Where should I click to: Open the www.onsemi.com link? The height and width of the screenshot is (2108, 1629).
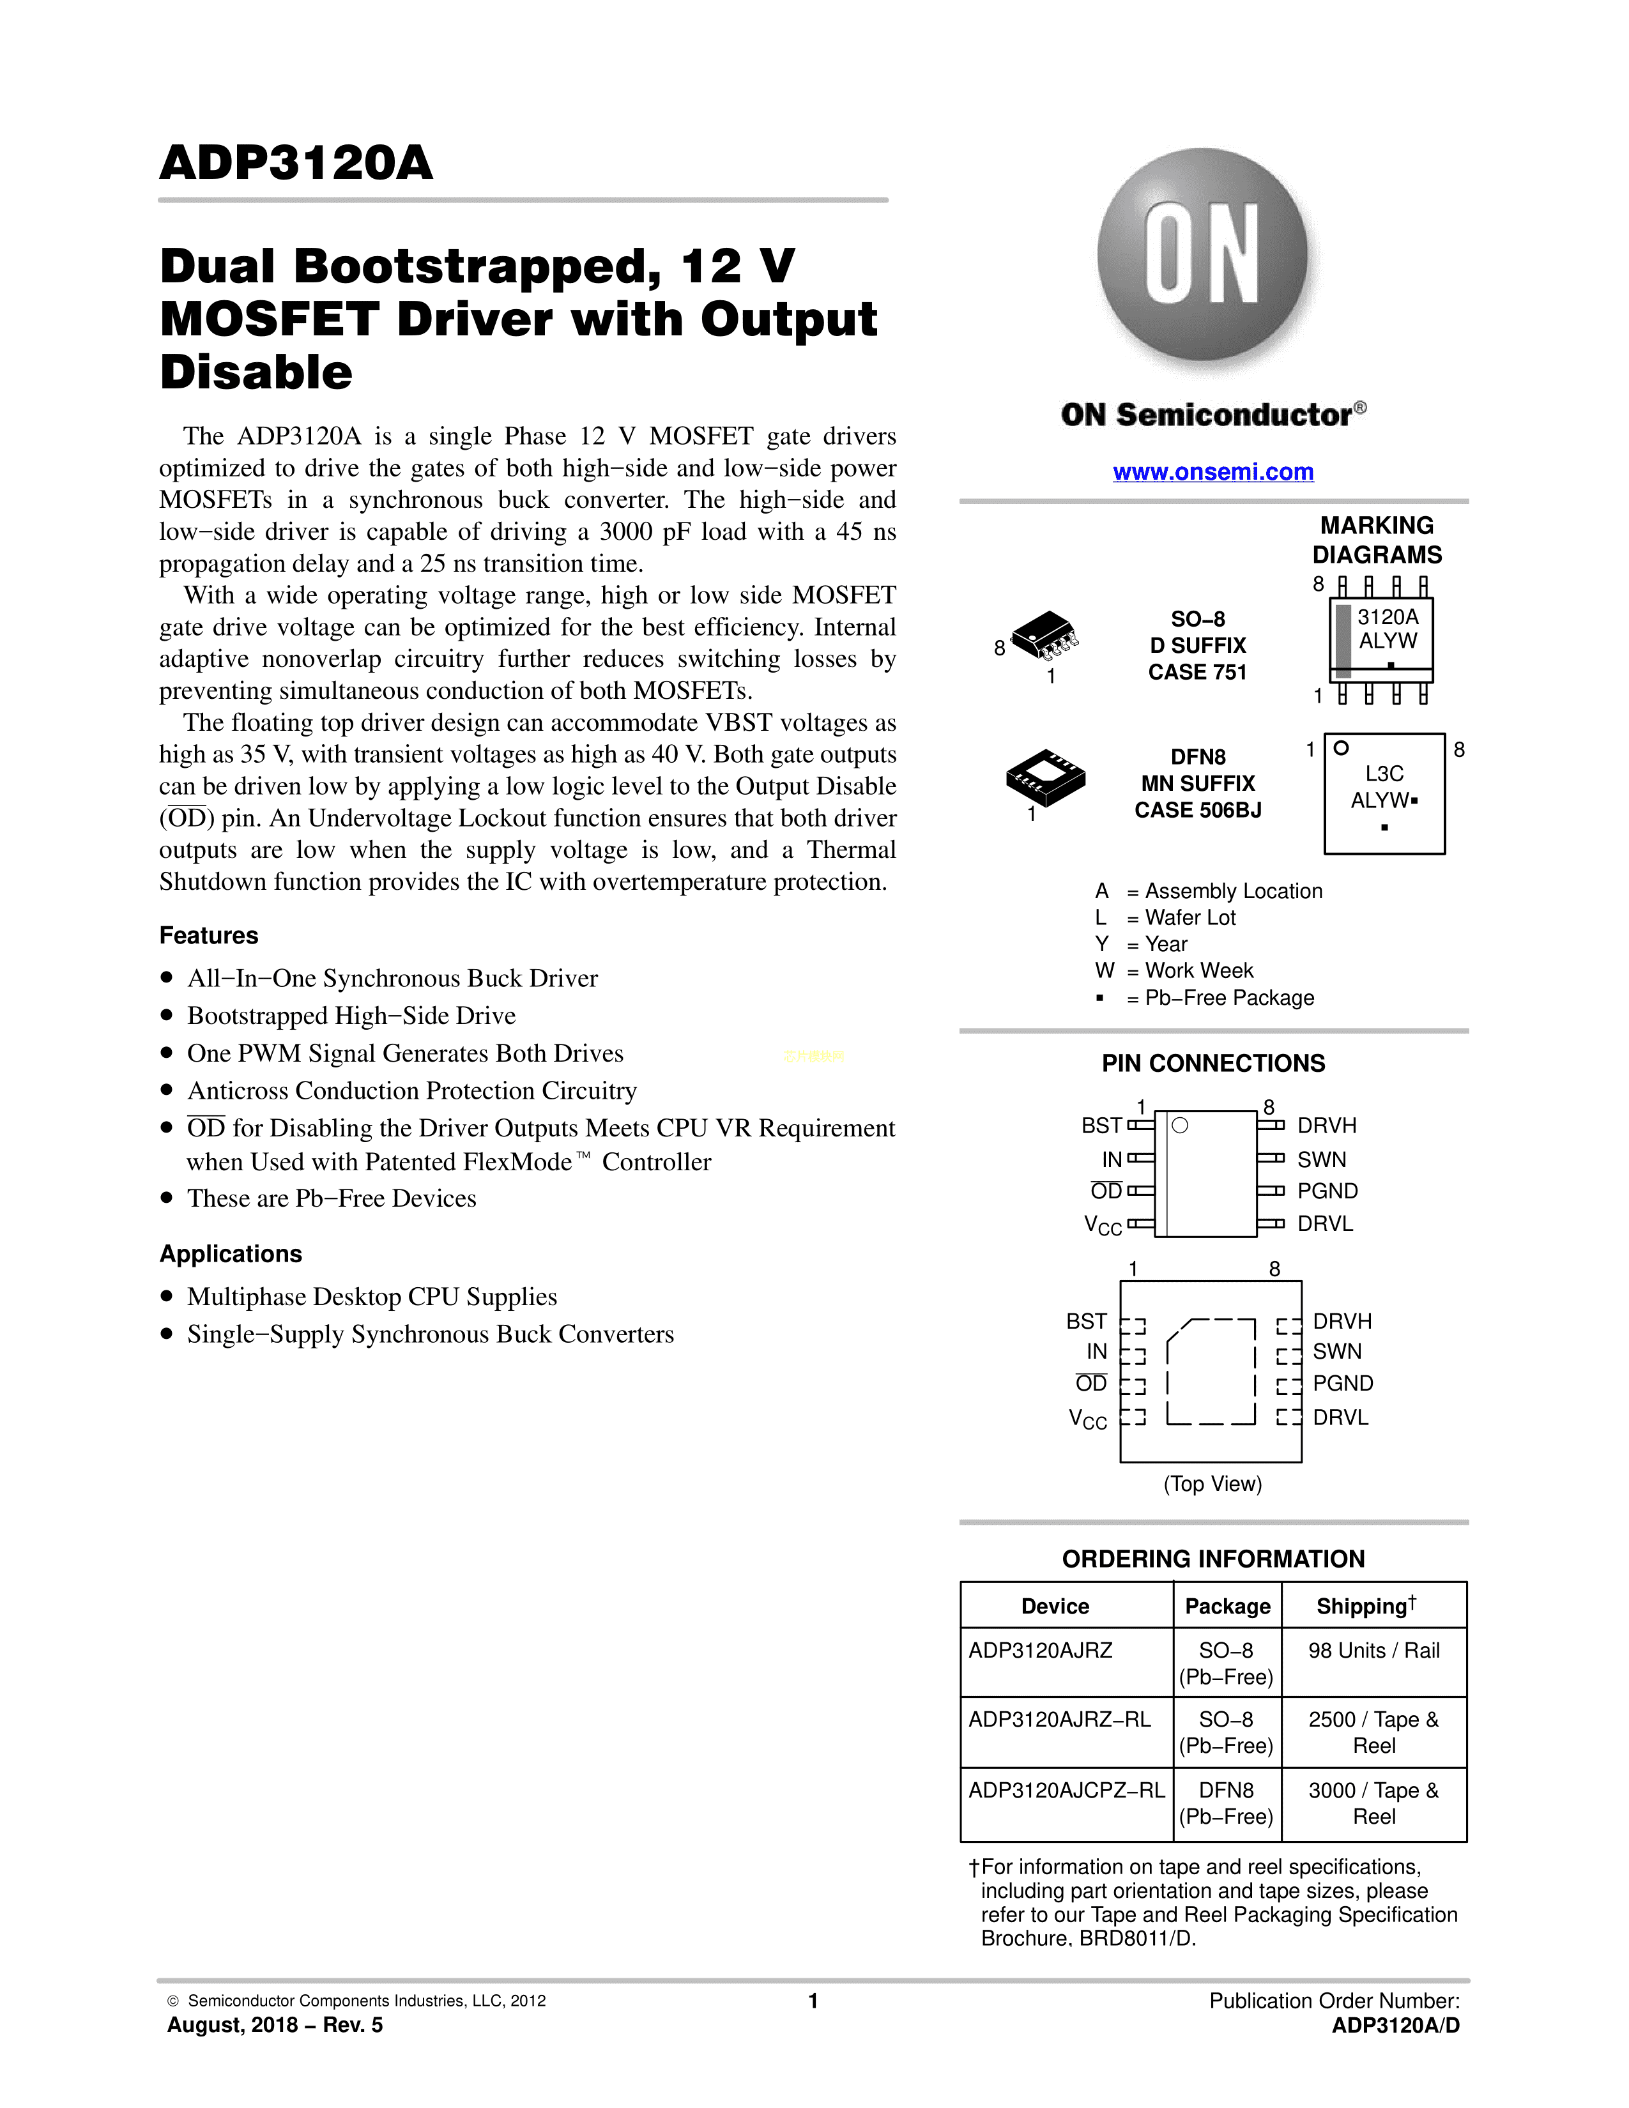1213,472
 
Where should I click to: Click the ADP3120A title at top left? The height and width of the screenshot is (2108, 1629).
296,162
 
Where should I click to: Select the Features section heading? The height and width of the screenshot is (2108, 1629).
208,935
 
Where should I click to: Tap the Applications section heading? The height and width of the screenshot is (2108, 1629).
231,1254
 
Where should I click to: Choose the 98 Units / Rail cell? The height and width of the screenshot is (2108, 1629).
1373,1651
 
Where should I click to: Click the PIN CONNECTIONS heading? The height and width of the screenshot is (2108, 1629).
1213,1063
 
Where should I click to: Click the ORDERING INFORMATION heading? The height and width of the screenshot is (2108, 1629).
1213,1559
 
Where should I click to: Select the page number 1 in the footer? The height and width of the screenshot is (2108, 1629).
813,2001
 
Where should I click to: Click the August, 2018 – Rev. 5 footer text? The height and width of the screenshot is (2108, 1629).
275,2025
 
